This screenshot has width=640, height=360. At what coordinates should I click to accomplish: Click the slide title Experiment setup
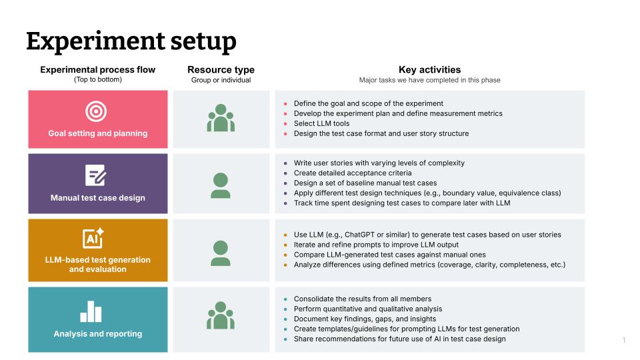(x=131, y=41)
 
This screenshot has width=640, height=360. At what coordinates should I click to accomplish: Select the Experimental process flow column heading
(x=98, y=70)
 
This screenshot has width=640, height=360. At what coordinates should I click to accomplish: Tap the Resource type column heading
(x=221, y=70)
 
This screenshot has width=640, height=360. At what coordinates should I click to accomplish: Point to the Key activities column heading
(x=429, y=70)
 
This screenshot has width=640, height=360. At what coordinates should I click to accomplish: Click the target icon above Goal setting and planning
(x=97, y=111)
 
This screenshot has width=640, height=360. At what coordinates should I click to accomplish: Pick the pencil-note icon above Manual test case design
(x=96, y=176)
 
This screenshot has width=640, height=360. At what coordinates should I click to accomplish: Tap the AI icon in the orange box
(x=93, y=238)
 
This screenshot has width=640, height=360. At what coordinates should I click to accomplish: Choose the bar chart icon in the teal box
(x=91, y=311)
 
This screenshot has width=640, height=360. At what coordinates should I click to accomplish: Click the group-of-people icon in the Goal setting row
(x=221, y=119)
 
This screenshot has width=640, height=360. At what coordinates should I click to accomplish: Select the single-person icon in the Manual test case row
(x=221, y=185)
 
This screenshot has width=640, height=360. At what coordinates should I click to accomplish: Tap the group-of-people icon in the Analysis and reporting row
(x=221, y=316)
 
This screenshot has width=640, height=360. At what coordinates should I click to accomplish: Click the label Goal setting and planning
(x=98, y=133)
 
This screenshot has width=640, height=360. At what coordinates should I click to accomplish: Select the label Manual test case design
(x=98, y=198)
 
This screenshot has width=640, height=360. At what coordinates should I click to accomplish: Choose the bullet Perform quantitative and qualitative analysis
(x=368, y=309)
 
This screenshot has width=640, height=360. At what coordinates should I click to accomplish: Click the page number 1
(x=624, y=340)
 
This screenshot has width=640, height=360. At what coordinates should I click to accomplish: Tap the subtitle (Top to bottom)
(x=98, y=80)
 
